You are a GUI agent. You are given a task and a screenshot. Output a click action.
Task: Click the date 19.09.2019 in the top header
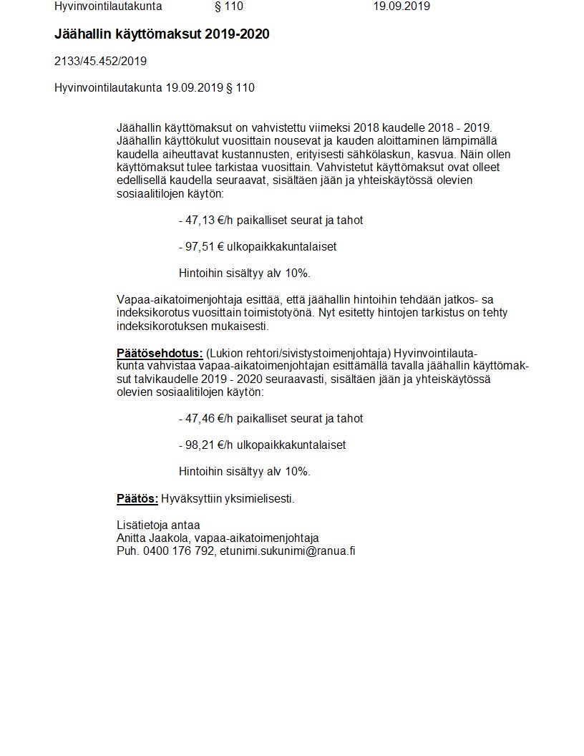click(x=401, y=6)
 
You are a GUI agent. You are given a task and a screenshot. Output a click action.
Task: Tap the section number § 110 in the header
click(x=228, y=6)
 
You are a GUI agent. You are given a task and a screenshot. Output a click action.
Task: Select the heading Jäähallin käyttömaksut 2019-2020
click(x=162, y=34)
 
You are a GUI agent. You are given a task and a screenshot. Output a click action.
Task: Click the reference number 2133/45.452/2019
click(x=100, y=62)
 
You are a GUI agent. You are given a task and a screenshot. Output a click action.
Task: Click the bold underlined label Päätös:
click(x=137, y=498)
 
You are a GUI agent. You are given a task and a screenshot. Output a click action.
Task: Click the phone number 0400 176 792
click(x=177, y=552)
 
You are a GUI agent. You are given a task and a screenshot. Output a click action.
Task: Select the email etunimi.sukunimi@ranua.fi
click(x=287, y=552)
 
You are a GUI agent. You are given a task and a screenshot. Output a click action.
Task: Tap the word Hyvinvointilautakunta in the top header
click(x=108, y=6)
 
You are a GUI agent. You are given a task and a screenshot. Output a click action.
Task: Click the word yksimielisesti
click(x=258, y=498)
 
